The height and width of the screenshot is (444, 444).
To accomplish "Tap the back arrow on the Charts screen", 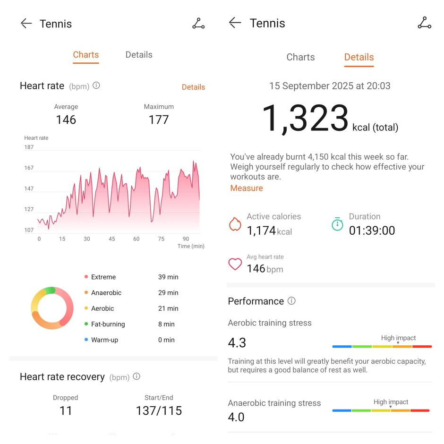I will pyautogui.click(x=26, y=24).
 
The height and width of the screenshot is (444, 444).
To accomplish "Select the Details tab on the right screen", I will pyautogui.click(x=359, y=57).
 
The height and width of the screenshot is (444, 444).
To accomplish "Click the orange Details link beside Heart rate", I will pyautogui.click(x=193, y=87).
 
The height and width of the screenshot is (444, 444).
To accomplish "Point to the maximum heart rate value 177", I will pyautogui.click(x=159, y=120).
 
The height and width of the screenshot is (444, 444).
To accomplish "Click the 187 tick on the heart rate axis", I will pyautogui.click(x=29, y=147).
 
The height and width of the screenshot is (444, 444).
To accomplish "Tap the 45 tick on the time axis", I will pyautogui.click(x=111, y=239).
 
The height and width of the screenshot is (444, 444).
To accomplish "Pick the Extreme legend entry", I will pyautogui.click(x=103, y=277).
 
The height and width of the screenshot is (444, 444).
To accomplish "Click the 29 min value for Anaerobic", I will pyautogui.click(x=168, y=293).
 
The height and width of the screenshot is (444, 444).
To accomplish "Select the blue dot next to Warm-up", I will pyautogui.click(x=86, y=340).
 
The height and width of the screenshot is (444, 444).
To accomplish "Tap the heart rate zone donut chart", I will pyautogui.click(x=52, y=308).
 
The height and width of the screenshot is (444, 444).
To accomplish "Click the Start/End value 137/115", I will pyautogui.click(x=159, y=410).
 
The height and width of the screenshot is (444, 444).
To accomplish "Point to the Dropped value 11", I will pyautogui.click(x=66, y=410).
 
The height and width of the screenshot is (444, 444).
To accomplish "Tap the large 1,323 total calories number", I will pyautogui.click(x=305, y=118).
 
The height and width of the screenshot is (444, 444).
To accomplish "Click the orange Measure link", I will pyautogui.click(x=247, y=188).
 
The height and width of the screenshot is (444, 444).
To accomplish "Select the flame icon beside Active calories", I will pyautogui.click(x=235, y=224).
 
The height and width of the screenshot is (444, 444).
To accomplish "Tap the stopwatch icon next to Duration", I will pyautogui.click(x=337, y=224).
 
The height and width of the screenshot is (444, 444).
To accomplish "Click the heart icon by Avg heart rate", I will pyautogui.click(x=235, y=264).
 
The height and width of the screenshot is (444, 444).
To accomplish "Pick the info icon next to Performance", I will pyautogui.click(x=291, y=301).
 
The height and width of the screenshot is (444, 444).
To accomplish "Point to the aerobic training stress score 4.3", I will pyautogui.click(x=237, y=342).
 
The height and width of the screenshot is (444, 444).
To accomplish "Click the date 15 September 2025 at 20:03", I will pyautogui.click(x=330, y=86).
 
